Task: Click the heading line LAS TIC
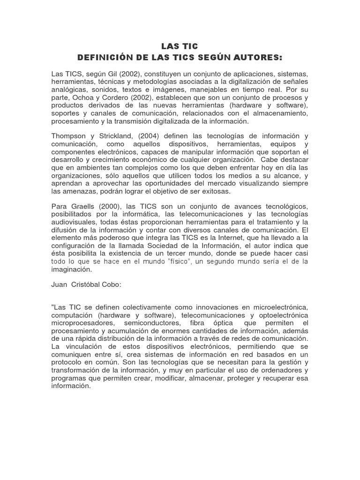coord(180,46)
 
